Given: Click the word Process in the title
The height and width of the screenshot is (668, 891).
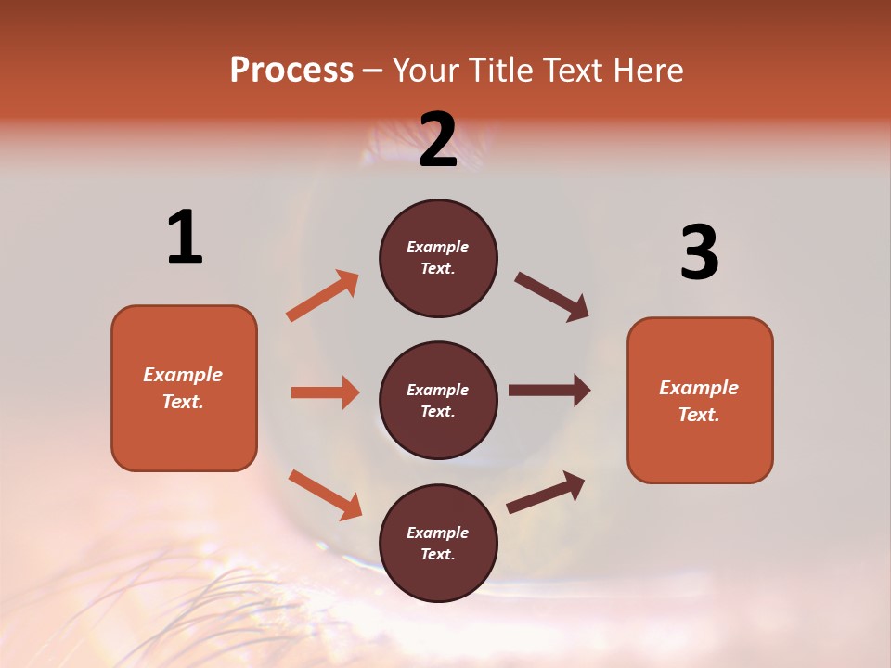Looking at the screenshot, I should coord(291,71).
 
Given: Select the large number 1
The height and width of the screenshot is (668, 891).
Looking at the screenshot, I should coord(185,238).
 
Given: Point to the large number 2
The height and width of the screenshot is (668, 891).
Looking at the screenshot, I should coord(438,140).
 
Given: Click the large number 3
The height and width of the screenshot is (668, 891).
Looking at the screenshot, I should coord(699,253).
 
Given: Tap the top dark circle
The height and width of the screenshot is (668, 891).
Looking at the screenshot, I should coord(438,258).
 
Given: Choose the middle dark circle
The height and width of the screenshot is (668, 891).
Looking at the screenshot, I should coord(438,400).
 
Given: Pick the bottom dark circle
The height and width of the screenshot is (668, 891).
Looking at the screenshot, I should coord(438,543).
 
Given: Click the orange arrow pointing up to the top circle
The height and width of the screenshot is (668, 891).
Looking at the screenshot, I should coord(323,296).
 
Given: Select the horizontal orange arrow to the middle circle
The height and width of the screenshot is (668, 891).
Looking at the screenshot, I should coord(325,392).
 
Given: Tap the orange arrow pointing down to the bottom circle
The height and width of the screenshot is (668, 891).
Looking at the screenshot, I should coord(325,494).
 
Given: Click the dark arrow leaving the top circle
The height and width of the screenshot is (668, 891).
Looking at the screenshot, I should coord(552,297).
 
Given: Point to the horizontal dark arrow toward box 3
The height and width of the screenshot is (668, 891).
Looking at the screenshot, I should coord(549,390).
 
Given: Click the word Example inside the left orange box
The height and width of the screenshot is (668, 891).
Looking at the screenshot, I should coord(183,375).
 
